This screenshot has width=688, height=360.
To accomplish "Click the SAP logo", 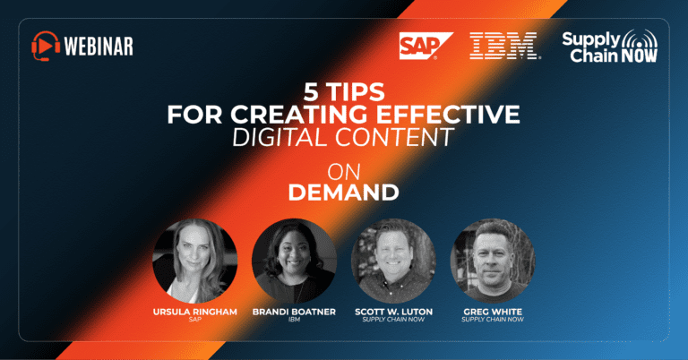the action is pos(426,46).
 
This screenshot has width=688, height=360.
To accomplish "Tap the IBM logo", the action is pos(505,46).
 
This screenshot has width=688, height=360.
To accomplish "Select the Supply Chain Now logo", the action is pos(610,46).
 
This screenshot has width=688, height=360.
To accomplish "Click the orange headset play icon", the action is pos(46,46).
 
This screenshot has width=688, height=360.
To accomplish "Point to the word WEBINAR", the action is pos(99,46).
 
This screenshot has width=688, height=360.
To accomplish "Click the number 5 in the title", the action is pos(311,92).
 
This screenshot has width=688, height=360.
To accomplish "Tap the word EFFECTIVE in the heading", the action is pos(448,115).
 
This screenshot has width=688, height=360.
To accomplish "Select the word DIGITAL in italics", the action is pos(280,137).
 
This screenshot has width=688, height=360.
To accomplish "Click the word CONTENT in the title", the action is pos(395,137).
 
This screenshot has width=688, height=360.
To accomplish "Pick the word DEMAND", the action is pos(344,193).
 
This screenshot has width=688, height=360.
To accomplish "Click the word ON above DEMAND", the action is pos(344,172).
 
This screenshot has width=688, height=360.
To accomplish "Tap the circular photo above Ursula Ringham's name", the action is pos(194,261).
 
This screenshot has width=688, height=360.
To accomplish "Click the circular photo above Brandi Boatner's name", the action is pos(295,261).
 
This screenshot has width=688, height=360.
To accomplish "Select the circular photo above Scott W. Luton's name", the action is pos(393,261).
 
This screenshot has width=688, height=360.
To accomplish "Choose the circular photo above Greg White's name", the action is pos(493,261).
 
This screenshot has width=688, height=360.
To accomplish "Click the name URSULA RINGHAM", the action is pos(194,312).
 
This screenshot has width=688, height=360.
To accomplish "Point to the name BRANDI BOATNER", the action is pos(294,312).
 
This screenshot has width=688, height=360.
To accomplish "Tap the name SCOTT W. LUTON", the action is pos(393,312).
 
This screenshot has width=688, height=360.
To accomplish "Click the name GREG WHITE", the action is pos(493,312).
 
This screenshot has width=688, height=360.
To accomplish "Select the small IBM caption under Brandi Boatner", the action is pos(294,320).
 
